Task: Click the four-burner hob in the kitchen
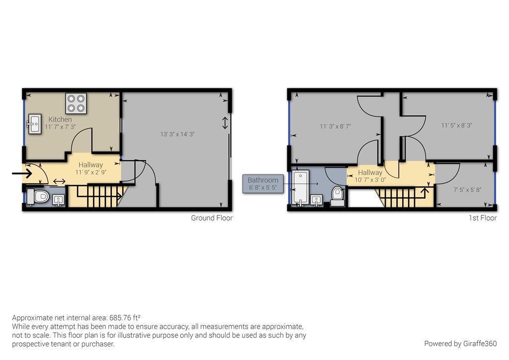pyautogui.click(x=76, y=103)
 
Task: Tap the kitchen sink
pyautogui.click(x=34, y=124)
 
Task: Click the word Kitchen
pyautogui.click(x=60, y=119)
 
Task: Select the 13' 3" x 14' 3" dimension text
pyautogui.click(x=177, y=134)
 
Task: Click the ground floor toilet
pyautogui.click(x=38, y=196)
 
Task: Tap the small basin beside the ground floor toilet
pyautogui.click(x=58, y=200)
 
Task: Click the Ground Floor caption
pyautogui.click(x=212, y=218)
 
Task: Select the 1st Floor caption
pyautogui.click(x=482, y=218)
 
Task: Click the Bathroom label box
pyautogui.click(x=263, y=184)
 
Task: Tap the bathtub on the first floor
pyautogui.click(x=300, y=188)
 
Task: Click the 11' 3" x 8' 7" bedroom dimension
pyautogui.click(x=336, y=126)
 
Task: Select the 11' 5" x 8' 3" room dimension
pyautogui.click(x=457, y=125)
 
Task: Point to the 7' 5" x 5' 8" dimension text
pyautogui.click(x=467, y=190)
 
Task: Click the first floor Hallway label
pyautogui.click(x=370, y=173)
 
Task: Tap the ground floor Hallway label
pyautogui.click(x=90, y=165)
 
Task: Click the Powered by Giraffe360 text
pyautogui.click(x=460, y=344)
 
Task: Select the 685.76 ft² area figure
pyautogui.click(x=125, y=317)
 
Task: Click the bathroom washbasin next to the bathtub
pyautogui.click(x=317, y=200)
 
